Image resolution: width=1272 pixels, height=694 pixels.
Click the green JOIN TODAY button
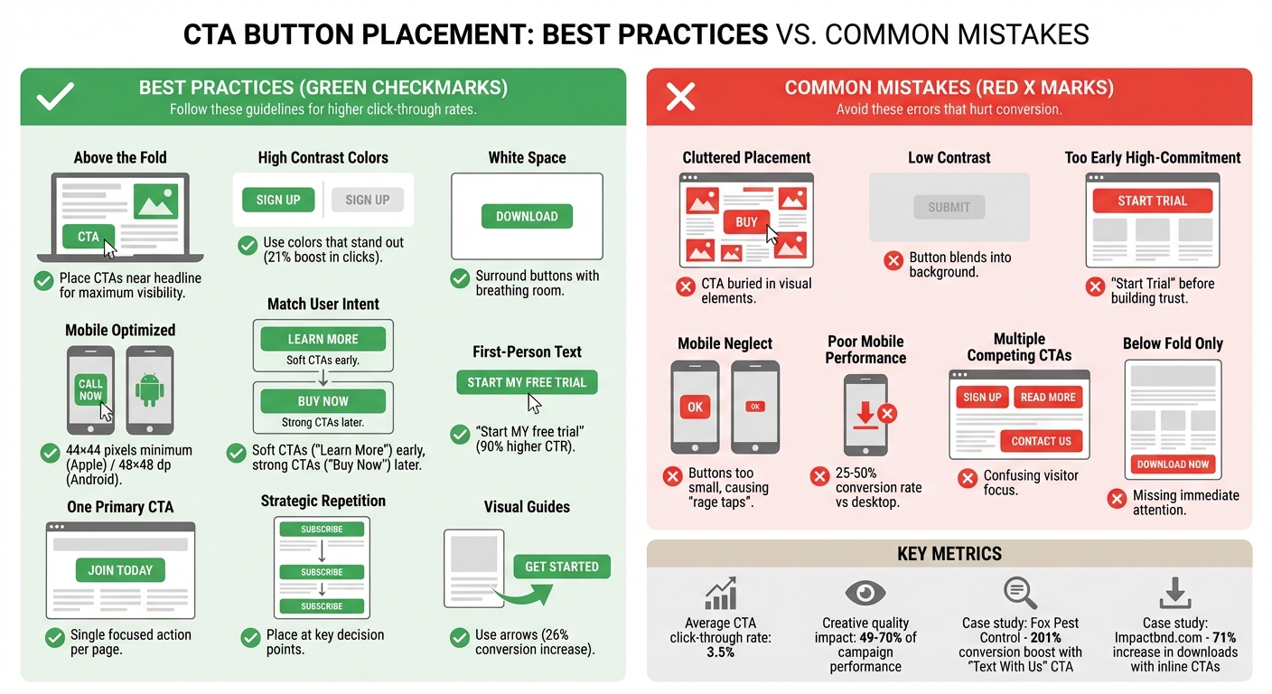[x=120, y=570]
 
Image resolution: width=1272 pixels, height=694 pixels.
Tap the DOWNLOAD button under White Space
[x=527, y=216]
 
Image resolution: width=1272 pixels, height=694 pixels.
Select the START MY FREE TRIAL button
[x=527, y=382]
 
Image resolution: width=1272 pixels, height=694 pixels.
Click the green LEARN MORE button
[x=323, y=339]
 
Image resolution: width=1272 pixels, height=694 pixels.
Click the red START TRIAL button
[x=1152, y=201]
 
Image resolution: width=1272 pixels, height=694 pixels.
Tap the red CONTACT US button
[x=1041, y=441]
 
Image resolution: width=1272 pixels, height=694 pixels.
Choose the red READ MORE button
[x=1048, y=397]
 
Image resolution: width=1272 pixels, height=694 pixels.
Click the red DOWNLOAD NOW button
[x=1173, y=464]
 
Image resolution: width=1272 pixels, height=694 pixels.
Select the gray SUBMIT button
[x=949, y=207]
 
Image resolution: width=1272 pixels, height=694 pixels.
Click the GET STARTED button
[x=562, y=567]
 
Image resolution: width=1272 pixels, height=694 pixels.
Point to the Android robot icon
[x=149, y=389]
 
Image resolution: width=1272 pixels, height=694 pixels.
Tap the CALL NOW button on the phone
[x=90, y=389]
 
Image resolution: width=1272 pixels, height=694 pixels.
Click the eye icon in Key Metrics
[x=865, y=593]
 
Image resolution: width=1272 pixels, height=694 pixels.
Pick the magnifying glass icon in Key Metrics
[x=1019, y=593]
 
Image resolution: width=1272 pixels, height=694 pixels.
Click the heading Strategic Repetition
[x=323, y=501]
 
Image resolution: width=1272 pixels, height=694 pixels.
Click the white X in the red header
[x=680, y=97]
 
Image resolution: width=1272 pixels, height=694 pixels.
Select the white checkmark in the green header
[x=55, y=97]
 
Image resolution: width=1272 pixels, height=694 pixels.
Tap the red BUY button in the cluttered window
[x=746, y=221]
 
